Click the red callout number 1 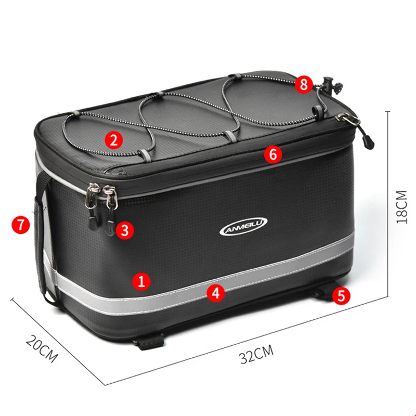(141, 281)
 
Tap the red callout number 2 (113, 140)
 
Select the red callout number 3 (125, 230)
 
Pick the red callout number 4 (216, 293)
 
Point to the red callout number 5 (341, 295)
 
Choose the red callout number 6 (273, 154)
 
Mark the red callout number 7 (21, 225)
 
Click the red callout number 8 (304, 85)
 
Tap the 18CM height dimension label (401, 207)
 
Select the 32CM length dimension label (256, 354)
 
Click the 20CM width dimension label (42, 348)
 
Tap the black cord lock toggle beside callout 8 (331, 85)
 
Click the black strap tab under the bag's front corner (150, 342)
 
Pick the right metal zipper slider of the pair (111, 197)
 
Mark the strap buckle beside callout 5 (319, 293)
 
